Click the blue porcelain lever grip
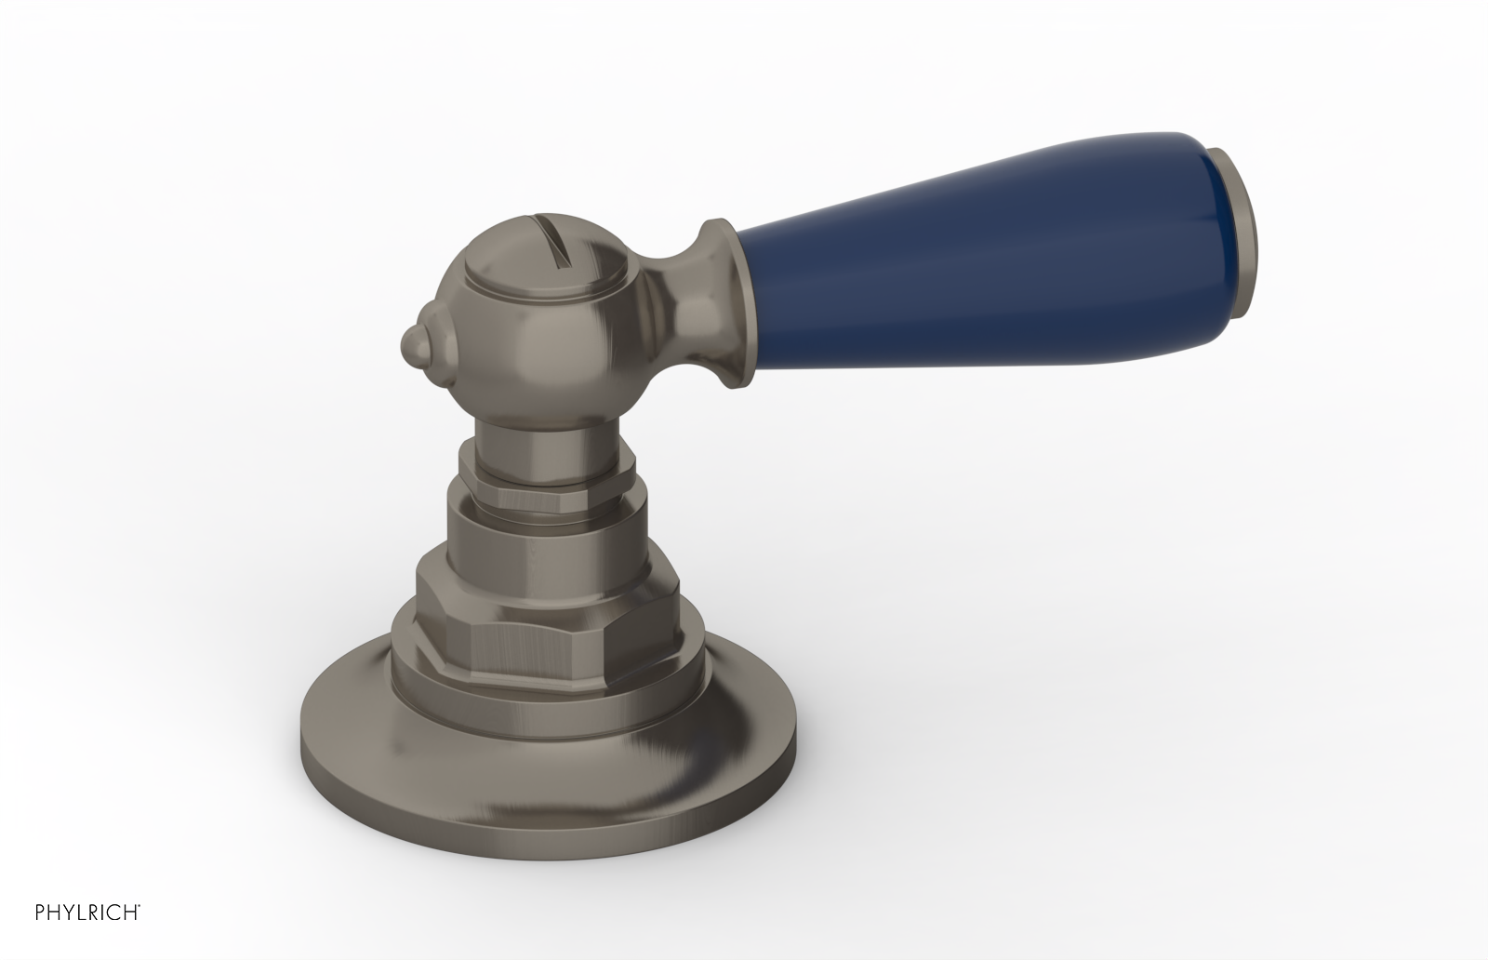[x=986, y=229]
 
